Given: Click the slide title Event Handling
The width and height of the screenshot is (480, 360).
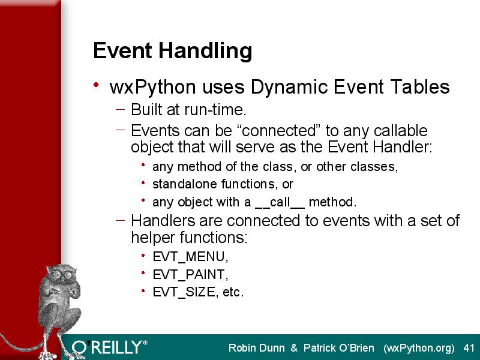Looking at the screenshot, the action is (173, 51).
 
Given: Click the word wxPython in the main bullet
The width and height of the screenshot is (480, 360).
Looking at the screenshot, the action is (153, 86).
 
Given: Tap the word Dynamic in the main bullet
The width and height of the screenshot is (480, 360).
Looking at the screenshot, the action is (289, 86).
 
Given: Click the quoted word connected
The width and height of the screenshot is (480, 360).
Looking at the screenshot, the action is (278, 131).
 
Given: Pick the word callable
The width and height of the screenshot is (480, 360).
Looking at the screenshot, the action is (400, 131).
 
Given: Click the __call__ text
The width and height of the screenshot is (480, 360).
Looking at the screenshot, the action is (280, 202).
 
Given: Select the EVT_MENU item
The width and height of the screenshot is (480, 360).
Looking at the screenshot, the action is (190, 257).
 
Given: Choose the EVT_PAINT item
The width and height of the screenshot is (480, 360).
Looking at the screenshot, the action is (190, 274).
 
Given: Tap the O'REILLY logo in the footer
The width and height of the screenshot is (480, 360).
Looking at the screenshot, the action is (110, 347).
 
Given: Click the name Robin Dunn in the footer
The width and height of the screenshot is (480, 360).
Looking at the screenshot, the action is (257, 348).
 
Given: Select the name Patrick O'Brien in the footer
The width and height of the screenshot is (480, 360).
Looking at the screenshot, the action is (338, 348).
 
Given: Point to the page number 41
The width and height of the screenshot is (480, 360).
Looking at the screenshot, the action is (469, 348).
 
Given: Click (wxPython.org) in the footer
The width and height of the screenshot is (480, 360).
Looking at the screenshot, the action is (419, 349).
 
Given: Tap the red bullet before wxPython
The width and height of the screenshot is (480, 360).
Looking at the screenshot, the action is (96, 85).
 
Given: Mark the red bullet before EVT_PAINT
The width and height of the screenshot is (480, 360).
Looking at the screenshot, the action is (143, 272).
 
